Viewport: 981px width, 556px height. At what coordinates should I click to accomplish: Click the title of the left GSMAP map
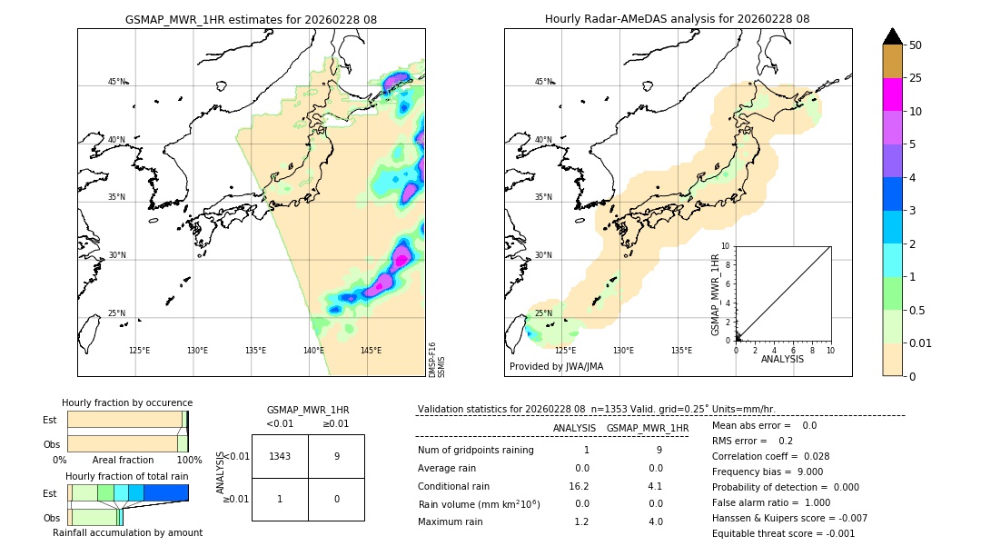[251, 19]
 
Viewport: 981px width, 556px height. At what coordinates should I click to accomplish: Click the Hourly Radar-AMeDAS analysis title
[677, 19]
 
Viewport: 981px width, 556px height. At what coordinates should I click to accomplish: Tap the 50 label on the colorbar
[916, 45]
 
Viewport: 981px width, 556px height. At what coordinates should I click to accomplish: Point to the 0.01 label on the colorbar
[921, 343]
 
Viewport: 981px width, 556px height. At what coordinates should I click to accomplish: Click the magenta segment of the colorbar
[892, 94]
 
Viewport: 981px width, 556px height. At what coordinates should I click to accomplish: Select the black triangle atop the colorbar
[892, 36]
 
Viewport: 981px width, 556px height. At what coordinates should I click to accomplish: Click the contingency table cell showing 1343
[280, 456]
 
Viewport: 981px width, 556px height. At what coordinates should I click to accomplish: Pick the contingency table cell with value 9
[336, 456]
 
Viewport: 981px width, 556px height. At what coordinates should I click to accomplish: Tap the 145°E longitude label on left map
[371, 351]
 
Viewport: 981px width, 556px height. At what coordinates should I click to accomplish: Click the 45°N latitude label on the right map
[543, 82]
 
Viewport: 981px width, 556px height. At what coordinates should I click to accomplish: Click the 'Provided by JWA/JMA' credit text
[556, 367]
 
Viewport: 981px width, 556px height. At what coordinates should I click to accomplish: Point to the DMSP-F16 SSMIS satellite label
[436, 360]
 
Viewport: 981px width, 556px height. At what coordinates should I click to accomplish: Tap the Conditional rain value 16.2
[581, 486]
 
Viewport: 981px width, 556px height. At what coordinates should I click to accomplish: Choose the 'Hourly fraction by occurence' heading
[127, 402]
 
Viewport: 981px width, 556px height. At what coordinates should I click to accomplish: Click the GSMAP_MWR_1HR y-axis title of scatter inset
[715, 295]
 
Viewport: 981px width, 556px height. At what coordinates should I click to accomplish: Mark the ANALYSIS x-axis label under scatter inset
[782, 360]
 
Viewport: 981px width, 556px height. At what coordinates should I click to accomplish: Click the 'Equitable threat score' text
[783, 533]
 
